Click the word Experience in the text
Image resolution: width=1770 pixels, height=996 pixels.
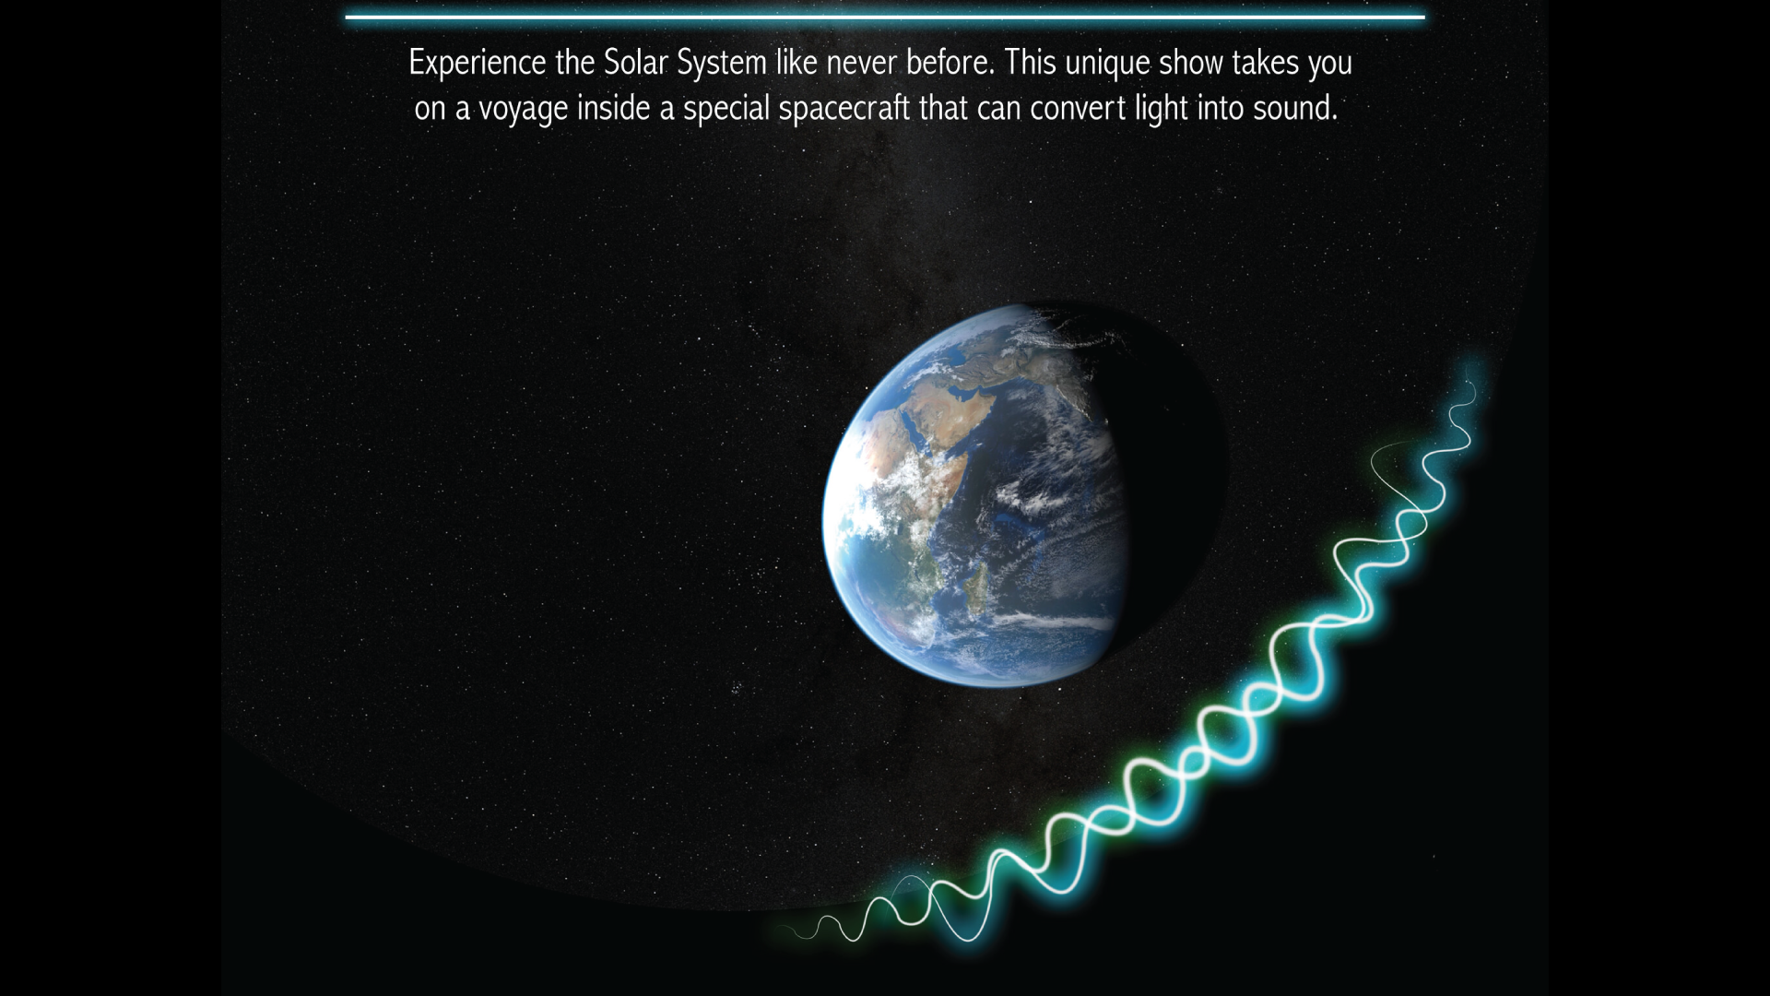click(478, 64)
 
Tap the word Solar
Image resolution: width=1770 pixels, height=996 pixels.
click(636, 63)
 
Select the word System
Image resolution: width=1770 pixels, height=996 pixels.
click(722, 64)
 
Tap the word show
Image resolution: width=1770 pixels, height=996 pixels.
click(1191, 63)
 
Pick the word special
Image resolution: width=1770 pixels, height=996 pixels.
click(726, 109)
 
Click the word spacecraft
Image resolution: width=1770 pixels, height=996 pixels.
click(844, 109)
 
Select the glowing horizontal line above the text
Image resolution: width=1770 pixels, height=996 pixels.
click(885, 17)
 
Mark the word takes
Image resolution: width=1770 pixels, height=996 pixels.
click(1266, 63)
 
